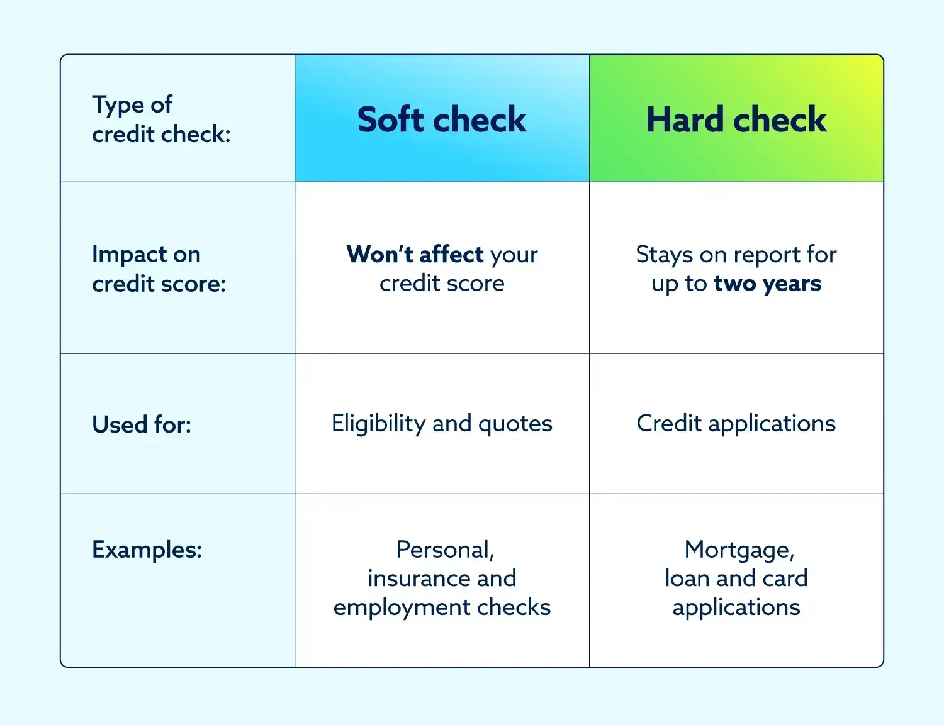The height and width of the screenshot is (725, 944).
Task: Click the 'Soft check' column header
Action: [x=442, y=119]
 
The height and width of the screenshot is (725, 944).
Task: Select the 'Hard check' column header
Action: [x=736, y=119]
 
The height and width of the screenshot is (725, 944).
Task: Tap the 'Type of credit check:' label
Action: [x=161, y=119]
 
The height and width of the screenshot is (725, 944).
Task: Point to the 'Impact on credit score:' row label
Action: [x=159, y=268]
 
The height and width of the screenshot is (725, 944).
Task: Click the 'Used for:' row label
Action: [x=142, y=424]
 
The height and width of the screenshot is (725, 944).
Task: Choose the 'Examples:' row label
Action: [x=147, y=550]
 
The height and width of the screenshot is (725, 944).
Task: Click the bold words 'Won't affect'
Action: [x=415, y=254]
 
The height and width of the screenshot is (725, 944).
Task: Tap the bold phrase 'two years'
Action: [x=767, y=284]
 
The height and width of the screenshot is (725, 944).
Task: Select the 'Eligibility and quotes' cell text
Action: [x=442, y=424]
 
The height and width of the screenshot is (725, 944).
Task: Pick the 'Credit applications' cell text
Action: [x=736, y=424]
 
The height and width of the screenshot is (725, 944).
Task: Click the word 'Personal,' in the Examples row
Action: [x=445, y=550]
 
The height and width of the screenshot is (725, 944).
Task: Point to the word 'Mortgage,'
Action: [x=739, y=550]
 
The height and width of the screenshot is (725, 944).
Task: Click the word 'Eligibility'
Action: [x=378, y=424]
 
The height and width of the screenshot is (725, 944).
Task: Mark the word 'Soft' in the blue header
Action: [x=390, y=119]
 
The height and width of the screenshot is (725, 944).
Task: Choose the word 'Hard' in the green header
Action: [x=685, y=119]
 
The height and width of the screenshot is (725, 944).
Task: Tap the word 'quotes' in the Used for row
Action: [x=515, y=424]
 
